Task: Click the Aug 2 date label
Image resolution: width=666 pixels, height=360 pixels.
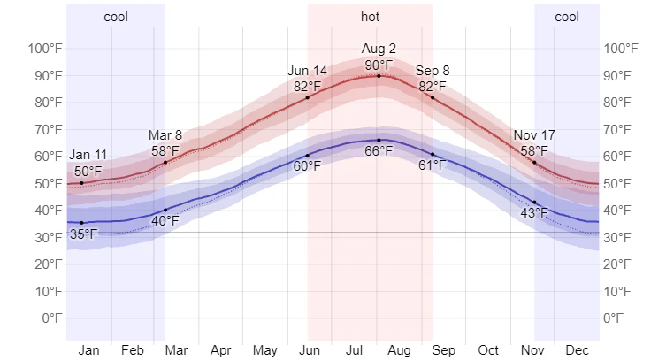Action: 379,48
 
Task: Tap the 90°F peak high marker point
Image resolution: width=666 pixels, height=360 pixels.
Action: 379,76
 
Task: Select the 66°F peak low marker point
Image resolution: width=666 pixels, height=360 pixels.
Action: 379,140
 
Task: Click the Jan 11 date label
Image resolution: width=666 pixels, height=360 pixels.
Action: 88,156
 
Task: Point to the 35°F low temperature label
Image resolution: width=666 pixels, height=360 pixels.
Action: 84,234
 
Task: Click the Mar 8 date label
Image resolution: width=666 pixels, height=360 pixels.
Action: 165,135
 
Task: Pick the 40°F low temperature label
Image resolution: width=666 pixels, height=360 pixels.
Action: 165,220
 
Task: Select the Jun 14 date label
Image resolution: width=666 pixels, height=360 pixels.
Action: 307,71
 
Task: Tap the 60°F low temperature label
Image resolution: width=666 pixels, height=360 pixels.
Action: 307,165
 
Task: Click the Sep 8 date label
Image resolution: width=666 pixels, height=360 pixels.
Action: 433,71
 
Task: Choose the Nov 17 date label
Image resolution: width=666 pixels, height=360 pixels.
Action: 534,135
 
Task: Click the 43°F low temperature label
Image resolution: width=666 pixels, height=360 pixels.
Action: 534,212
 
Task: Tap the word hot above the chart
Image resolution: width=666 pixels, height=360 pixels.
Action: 371,17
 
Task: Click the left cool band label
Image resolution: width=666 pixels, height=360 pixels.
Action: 116,17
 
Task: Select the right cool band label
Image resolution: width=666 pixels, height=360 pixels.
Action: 567,17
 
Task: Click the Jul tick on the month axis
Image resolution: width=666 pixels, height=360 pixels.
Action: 353,350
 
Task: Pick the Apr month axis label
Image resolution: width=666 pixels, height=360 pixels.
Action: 221,350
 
